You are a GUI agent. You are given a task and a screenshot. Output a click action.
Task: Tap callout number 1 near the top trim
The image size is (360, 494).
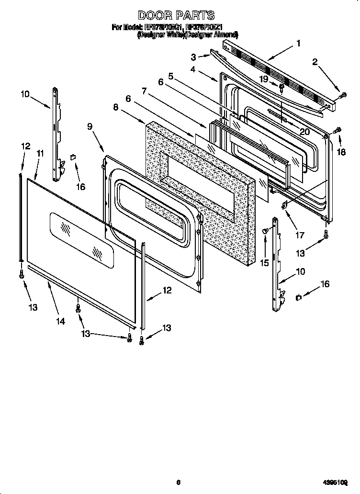pyautogui.click(x=299, y=43)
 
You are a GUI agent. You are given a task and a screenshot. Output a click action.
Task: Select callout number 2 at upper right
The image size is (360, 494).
pyautogui.click(x=315, y=61)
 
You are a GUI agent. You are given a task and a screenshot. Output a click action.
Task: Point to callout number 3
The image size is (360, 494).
pyautogui.click(x=193, y=57)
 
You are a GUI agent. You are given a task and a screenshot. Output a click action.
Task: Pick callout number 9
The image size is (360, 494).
pyautogui.click(x=90, y=127)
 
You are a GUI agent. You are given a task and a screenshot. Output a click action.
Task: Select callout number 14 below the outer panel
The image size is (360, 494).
pyautogui.click(x=60, y=322)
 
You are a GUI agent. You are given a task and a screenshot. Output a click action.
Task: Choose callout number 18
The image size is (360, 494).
pyautogui.click(x=340, y=153)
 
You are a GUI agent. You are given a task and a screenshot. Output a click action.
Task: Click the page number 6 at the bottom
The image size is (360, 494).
pyautogui.click(x=178, y=483)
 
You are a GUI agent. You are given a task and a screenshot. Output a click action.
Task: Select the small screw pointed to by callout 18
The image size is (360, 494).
pyautogui.click(x=338, y=130)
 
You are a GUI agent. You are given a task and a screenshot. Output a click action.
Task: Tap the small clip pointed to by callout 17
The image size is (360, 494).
pyautogui.click(x=284, y=204)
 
